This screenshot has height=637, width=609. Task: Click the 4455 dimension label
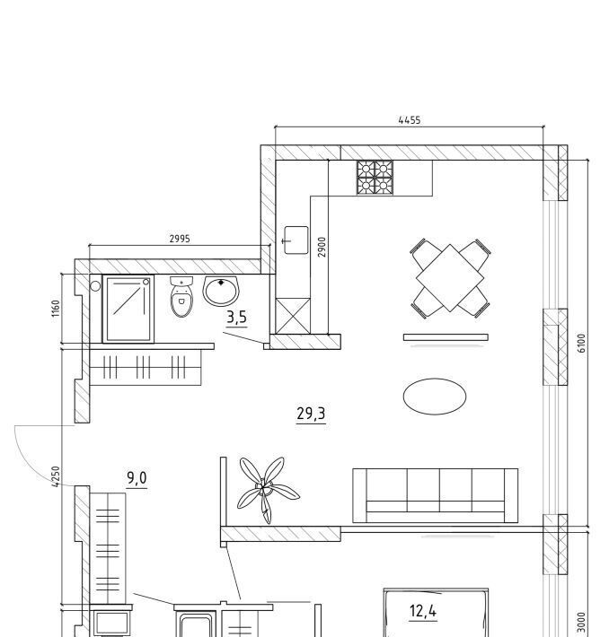410,120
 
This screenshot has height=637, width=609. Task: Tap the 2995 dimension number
180,239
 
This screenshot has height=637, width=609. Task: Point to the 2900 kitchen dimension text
322,247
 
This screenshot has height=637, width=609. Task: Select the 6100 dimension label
582,343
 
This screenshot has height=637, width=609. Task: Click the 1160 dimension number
56,309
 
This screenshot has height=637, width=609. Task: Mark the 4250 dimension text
56,476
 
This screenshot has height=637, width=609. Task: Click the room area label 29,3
311,414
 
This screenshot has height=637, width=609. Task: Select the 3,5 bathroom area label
236,317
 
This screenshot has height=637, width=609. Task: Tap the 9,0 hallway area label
137,477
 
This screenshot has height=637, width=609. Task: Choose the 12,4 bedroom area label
423,611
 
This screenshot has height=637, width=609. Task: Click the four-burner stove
375,178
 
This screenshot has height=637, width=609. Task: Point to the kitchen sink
296,240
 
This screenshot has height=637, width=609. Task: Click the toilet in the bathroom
181,297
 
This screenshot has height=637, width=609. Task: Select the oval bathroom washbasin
221,292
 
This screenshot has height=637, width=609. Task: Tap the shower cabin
128,309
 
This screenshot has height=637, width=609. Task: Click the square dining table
450,278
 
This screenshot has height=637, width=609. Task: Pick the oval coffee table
435,397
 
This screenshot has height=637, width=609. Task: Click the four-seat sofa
436,495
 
